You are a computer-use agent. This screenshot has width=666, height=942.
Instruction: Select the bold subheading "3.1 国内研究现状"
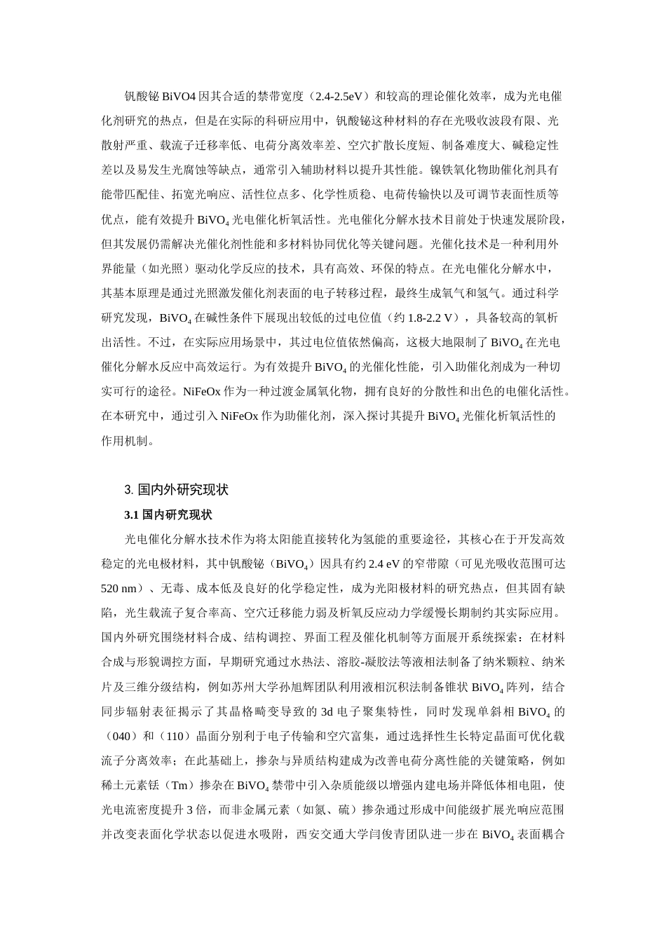(x=168, y=514)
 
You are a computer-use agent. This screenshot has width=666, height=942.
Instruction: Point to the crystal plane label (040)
(x=121, y=735)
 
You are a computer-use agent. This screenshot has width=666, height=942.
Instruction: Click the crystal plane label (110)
(x=175, y=735)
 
